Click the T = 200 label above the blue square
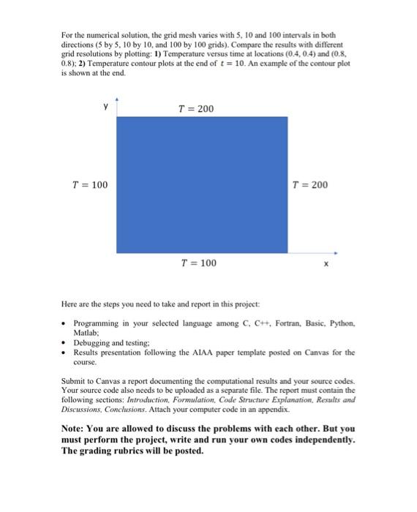pos(196,109)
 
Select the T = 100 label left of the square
pos(89,184)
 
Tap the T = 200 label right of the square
pos(309,184)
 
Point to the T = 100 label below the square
pos(198,262)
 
